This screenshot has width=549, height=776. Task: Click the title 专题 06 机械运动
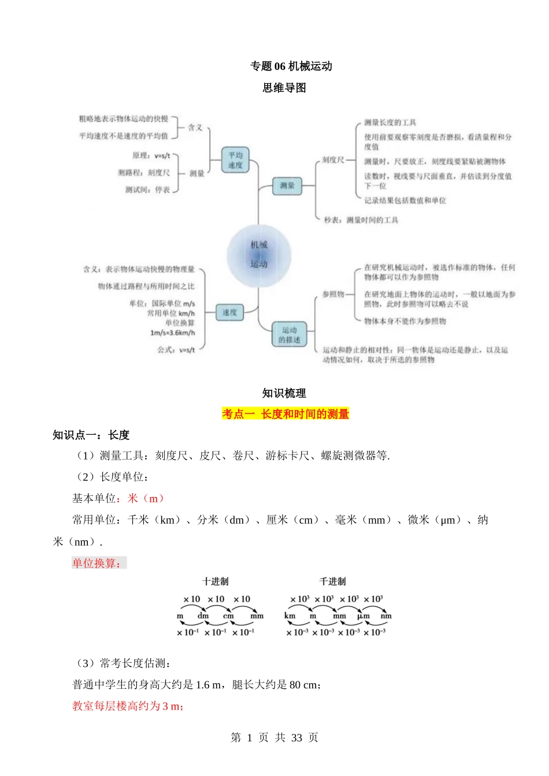[x=291, y=66]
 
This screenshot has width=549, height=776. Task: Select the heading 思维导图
[x=284, y=88]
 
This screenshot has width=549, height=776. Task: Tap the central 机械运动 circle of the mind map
[x=259, y=255]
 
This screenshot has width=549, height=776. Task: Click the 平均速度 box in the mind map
[x=235, y=160]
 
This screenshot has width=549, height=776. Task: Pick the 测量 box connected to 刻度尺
[x=287, y=186]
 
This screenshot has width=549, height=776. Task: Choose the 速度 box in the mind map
[x=229, y=312]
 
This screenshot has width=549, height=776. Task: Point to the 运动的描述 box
[x=289, y=335]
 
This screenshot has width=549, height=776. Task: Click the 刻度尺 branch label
[x=333, y=160]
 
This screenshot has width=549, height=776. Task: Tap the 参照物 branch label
[x=333, y=294]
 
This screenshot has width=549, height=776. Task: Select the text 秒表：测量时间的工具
[x=361, y=220]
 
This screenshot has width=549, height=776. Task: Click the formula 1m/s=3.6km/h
[x=172, y=333]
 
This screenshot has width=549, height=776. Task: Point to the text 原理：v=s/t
[x=151, y=155]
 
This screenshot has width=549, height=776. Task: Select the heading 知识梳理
[x=284, y=393]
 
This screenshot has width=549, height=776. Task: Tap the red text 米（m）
[x=146, y=498]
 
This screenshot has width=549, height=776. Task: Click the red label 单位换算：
[x=98, y=563]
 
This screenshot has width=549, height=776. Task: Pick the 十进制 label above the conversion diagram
[x=215, y=581]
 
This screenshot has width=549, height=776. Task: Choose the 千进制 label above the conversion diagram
[x=332, y=581]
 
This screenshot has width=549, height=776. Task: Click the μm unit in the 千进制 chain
[x=363, y=616]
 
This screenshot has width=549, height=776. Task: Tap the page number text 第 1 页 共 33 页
[x=274, y=737]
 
